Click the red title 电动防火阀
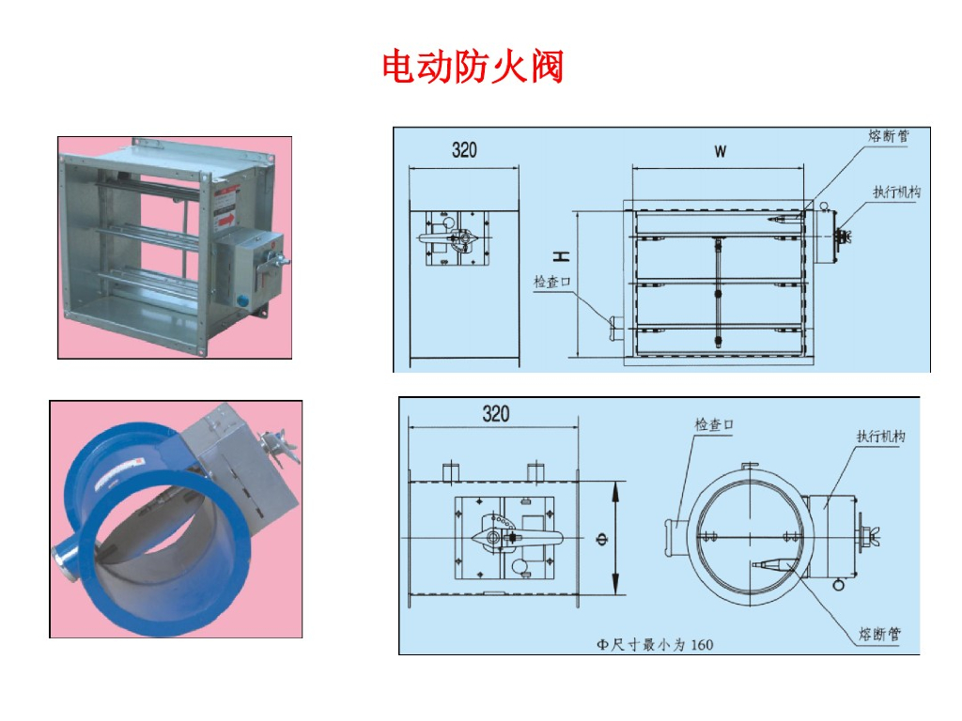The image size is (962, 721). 473,68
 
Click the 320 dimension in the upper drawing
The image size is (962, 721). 464,150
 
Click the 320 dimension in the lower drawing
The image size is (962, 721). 496,414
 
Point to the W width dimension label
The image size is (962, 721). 720,151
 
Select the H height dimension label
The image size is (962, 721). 560,255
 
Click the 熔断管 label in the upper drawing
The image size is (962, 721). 887,136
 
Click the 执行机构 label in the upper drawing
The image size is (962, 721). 896,192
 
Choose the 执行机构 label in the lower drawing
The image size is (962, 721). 881,437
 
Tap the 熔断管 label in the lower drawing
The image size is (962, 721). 880,635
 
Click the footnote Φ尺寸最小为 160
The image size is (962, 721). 655,644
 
